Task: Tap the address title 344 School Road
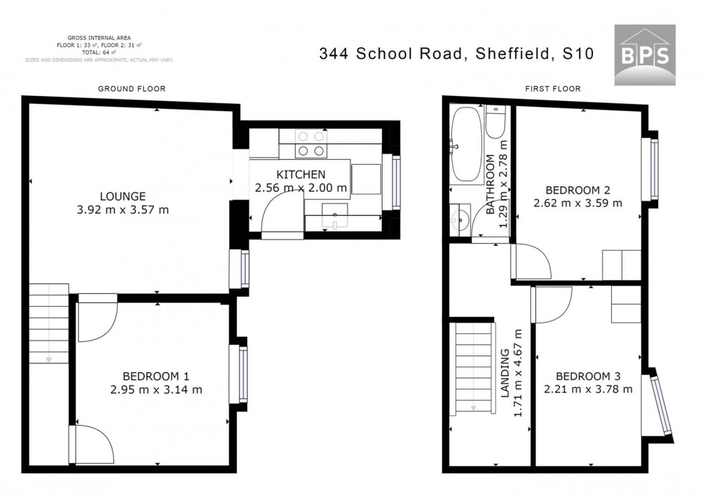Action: (x=456, y=54)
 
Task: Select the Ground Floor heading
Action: (x=132, y=89)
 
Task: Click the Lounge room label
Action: (x=123, y=196)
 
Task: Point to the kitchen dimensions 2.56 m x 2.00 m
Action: (x=301, y=188)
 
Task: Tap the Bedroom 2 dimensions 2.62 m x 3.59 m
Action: (x=577, y=203)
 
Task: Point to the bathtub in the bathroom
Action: (x=467, y=145)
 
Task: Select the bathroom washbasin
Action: (x=459, y=218)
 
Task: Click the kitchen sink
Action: (x=335, y=214)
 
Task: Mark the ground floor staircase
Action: (x=49, y=323)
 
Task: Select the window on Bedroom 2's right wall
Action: (x=654, y=169)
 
